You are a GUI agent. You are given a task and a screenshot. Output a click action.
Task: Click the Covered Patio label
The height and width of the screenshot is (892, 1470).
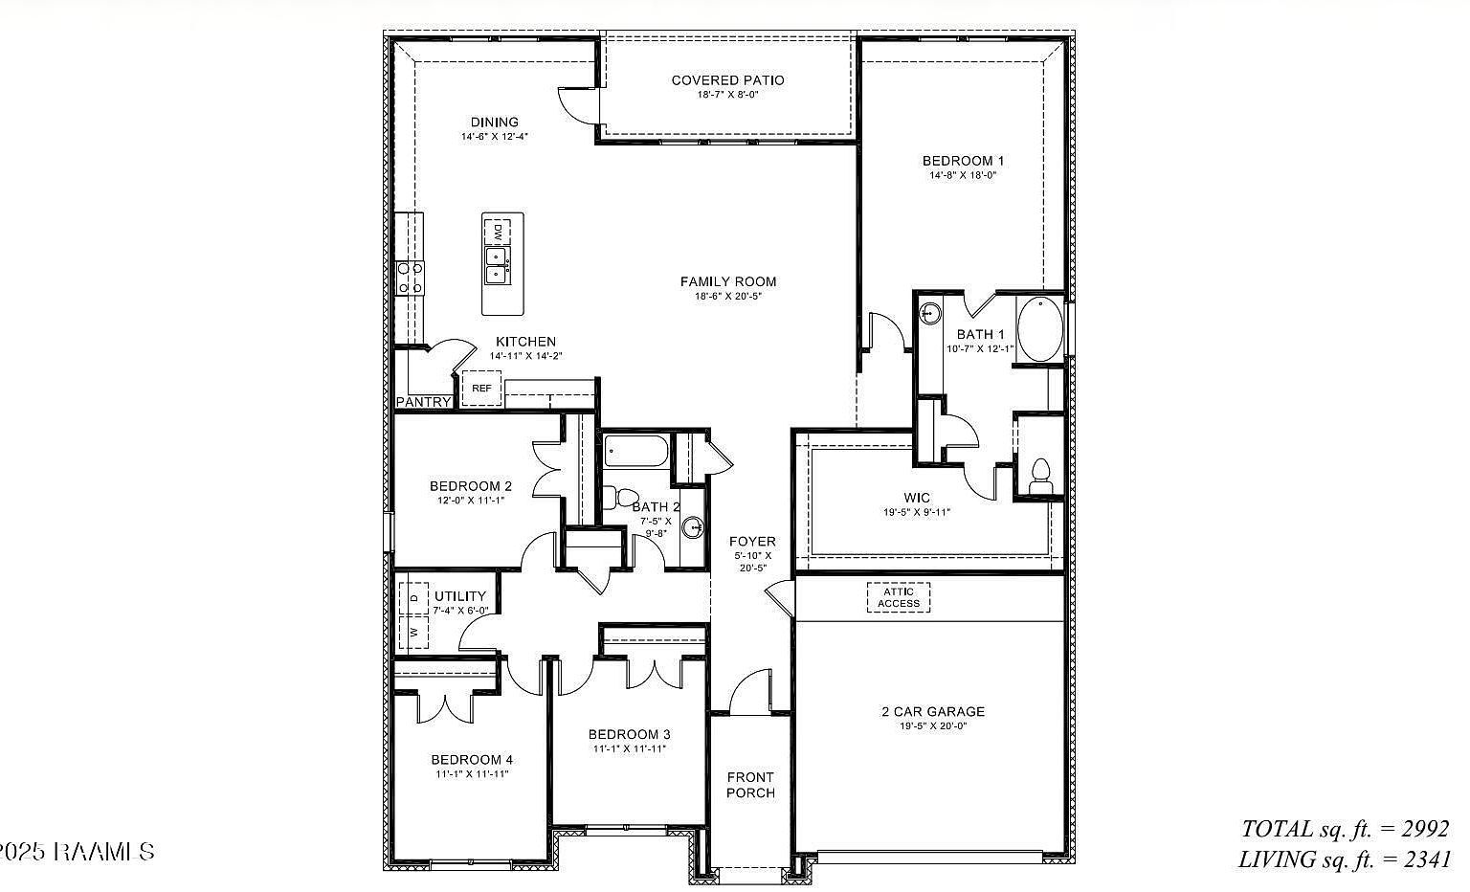coord(727,80)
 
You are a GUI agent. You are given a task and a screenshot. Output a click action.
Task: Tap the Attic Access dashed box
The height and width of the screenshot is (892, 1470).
coord(898,597)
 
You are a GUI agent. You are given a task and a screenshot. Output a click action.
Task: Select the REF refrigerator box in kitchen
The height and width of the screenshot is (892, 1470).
coord(481,389)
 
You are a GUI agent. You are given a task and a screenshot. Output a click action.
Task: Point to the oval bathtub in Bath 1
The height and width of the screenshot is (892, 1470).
coord(1039,328)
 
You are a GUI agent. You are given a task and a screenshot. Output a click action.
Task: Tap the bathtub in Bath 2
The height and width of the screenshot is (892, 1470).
coord(635,451)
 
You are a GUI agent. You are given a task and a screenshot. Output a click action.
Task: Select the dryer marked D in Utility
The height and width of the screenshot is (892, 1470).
coord(414,598)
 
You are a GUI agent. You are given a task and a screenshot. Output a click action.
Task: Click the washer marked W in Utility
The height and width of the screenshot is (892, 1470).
coord(414,632)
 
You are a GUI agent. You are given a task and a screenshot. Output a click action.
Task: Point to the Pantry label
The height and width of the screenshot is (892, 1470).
coord(423,402)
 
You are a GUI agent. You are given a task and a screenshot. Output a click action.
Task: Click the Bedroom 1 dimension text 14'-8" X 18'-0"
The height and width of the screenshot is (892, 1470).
coord(963,175)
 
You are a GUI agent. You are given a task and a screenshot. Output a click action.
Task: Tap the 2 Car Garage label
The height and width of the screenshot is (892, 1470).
coord(932,711)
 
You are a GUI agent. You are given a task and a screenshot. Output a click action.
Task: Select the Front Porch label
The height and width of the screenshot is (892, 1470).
coord(750,785)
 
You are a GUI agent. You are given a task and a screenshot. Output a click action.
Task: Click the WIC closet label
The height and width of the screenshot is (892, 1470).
coord(916,498)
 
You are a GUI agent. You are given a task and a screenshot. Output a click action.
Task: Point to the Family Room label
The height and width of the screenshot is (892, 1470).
coord(727,281)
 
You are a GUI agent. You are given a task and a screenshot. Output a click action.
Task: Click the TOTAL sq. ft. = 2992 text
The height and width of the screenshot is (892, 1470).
coord(1345,828)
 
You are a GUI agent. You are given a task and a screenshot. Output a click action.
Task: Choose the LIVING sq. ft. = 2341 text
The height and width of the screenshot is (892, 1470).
coord(1344,859)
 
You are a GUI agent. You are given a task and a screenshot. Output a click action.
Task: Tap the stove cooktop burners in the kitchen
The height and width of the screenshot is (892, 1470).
coord(410,278)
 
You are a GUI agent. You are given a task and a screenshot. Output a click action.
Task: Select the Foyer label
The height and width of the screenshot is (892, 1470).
coord(752,542)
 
